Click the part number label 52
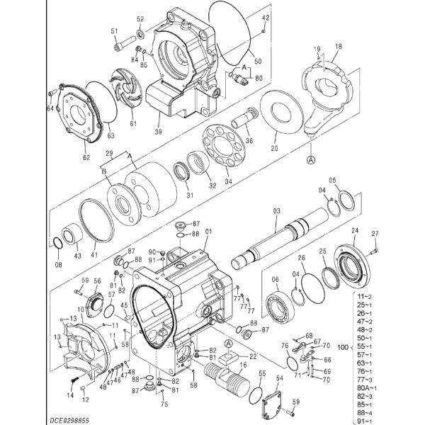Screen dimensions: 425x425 click(140, 19)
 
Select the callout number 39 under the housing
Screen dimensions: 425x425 click(158, 131)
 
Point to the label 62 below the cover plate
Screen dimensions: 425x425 click(86, 157)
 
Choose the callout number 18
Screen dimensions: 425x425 click(338, 46)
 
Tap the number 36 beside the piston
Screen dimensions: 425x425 click(249, 140)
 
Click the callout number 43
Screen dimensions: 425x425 click(78, 255)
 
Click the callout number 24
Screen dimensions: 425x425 click(355, 231)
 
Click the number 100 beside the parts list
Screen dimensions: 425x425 click(344, 348)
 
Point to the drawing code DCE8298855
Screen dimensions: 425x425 click(30, 419)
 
